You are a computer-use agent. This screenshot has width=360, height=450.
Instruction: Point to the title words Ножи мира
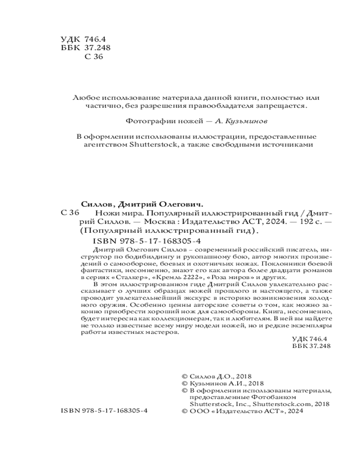pos(114,213)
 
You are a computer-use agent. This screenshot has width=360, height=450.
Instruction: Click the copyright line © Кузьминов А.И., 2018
pos(219,384)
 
